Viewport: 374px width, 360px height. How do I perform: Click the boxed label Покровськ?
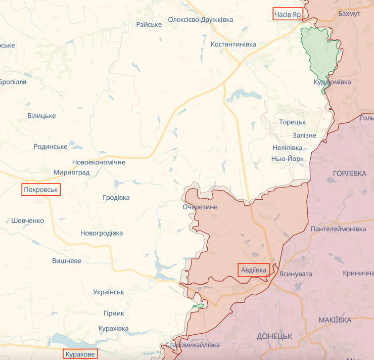[x=41, y=190]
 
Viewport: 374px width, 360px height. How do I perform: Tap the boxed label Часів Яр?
[x=288, y=14]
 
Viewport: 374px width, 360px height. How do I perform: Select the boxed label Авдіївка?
[x=253, y=270]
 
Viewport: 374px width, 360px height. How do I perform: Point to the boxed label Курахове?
[x=80, y=354]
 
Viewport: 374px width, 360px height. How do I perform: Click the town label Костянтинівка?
[x=233, y=44]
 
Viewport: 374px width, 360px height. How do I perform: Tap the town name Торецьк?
[x=292, y=122]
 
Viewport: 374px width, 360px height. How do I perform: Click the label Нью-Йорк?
[x=288, y=159]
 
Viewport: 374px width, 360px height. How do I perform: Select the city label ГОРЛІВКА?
[x=350, y=173]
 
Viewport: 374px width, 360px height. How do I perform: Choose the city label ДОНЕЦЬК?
[x=274, y=336]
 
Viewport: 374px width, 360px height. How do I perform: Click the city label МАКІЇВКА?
[x=335, y=321]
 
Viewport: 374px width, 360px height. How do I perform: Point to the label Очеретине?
[x=200, y=207]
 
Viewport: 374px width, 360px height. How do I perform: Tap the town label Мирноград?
[x=71, y=172]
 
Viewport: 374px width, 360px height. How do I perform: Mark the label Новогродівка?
[x=101, y=233]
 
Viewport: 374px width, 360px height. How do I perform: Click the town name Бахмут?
[x=349, y=14]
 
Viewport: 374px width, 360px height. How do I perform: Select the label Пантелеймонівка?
[x=338, y=229]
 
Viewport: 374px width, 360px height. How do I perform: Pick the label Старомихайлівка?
[x=193, y=345]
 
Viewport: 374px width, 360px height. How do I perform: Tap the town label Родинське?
[x=51, y=147]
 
